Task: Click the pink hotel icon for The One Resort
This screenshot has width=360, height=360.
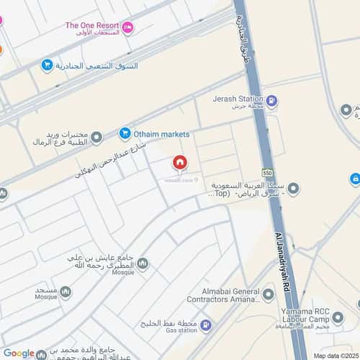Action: coord(127,27)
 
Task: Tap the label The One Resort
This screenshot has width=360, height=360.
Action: coord(92,25)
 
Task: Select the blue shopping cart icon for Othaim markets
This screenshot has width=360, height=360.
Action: coord(125,133)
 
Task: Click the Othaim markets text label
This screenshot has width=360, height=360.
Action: coord(163,134)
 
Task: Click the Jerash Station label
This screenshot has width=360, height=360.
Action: coord(237,99)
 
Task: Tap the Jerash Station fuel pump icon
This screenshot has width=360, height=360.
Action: coord(271,102)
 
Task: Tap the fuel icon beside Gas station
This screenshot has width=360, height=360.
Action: coord(205,326)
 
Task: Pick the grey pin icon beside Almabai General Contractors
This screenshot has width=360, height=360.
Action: coord(269,294)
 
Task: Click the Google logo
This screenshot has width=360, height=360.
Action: coord(19,353)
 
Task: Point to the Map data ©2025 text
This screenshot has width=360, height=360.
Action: coord(335,355)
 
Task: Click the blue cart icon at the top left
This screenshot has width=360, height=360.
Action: coord(47,66)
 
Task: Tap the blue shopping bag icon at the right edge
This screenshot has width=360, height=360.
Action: coord(355,178)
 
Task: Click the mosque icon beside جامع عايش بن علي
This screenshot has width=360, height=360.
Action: coord(143,264)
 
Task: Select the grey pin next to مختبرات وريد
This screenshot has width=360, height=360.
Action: coord(96,137)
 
